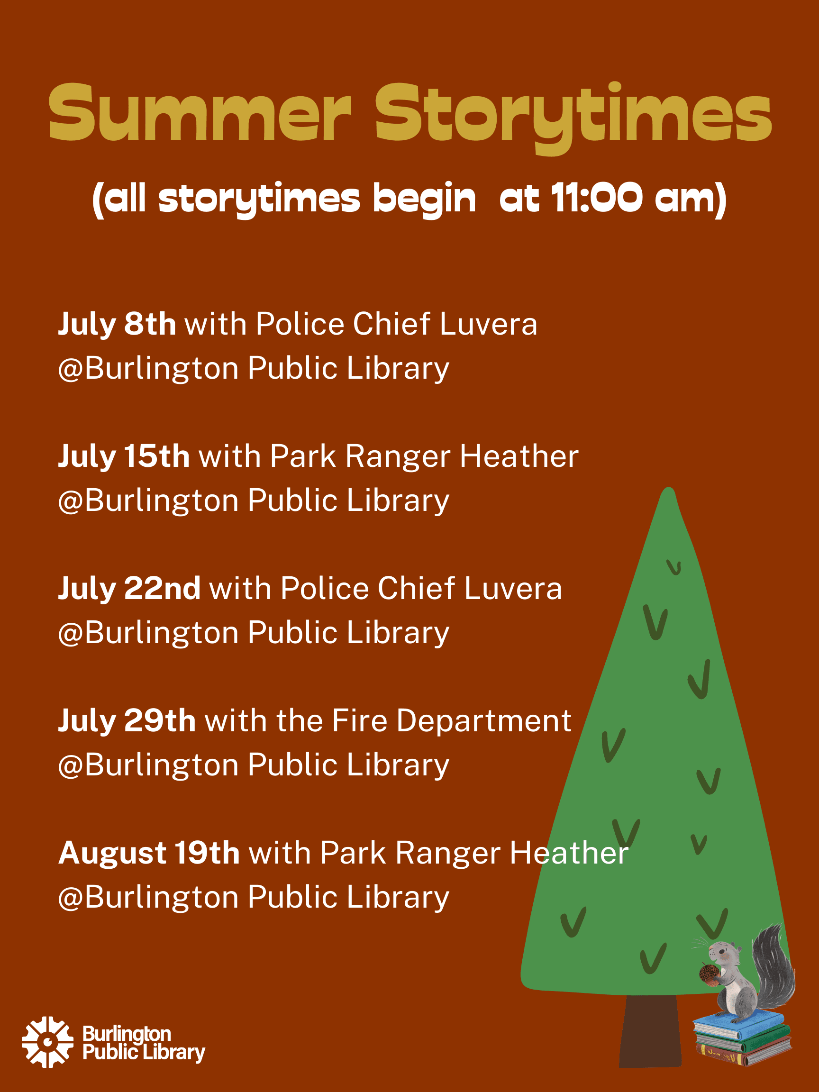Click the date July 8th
[x=117, y=324]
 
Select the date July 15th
[x=124, y=456]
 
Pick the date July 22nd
[x=129, y=589]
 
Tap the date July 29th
[x=127, y=721]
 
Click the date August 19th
[x=149, y=853]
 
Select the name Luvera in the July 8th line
[x=488, y=324]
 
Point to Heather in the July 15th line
[x=519, y=456]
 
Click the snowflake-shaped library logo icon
[x=47, y=1042]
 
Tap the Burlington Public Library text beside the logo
[x=143, y=1042]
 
